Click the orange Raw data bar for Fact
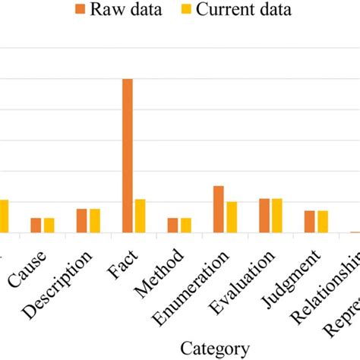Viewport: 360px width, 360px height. [x=128, y=156]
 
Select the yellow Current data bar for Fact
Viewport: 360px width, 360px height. [x=140, y=216]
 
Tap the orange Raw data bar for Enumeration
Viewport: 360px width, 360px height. [x=219, y=209]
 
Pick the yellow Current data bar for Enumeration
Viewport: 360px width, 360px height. [x=231, y=217]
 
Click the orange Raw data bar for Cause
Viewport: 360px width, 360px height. [x=36, y=225]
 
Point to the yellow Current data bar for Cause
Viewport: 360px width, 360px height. [x=49, y=225]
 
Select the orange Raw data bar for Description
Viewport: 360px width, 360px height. [x=82, y=220]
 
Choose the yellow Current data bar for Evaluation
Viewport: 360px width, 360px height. [x=276, y=215]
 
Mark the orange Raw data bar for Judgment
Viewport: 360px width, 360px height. [x=310, y=221]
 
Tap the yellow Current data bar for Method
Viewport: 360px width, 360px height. [x=185, y=225]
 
